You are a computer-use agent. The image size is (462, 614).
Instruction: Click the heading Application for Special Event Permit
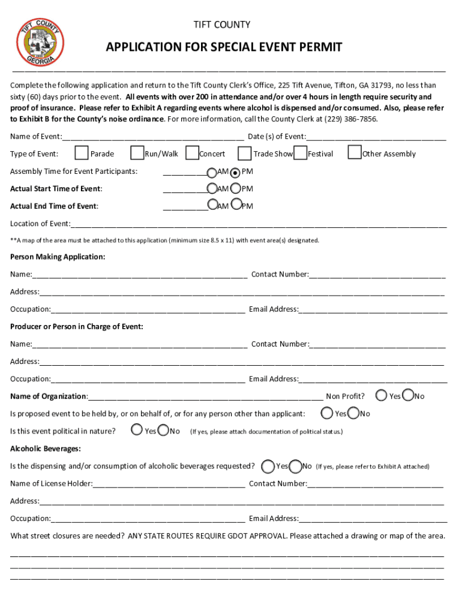pos(224,47)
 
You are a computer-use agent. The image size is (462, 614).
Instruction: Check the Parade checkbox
pos(82,153)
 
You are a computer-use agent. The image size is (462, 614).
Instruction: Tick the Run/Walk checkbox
pos(137,153)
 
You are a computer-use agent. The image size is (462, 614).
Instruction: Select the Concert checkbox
pos(192,153)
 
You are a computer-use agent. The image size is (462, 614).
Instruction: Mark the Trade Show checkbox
pos(245,153)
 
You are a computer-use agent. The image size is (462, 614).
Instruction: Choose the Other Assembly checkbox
pos(355,153)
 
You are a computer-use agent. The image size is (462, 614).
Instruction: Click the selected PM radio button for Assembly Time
pos(235,172)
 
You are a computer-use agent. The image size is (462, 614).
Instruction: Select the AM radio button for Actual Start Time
pos(212,188)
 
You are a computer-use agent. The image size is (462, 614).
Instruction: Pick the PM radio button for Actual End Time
pos(236,205)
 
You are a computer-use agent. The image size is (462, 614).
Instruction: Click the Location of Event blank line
pos(258,224)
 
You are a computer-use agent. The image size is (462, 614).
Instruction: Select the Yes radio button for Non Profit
pos(381,395)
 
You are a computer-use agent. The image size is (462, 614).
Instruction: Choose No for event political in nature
pos(163,430)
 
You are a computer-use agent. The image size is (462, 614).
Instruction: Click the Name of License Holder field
pos(169,484)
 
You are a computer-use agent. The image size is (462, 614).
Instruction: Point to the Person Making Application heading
pos(58,257)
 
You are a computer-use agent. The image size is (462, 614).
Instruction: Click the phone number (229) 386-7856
pos(351,119)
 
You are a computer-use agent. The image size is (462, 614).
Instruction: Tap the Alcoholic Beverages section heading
pos(46,449)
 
